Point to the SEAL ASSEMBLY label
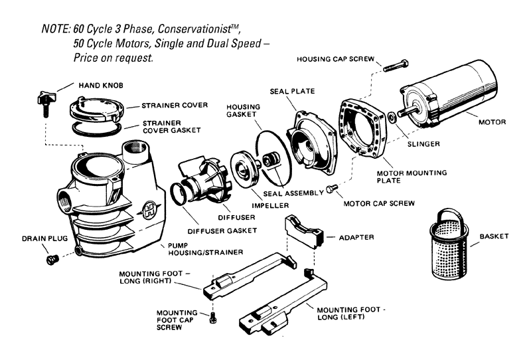coord(288,193)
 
